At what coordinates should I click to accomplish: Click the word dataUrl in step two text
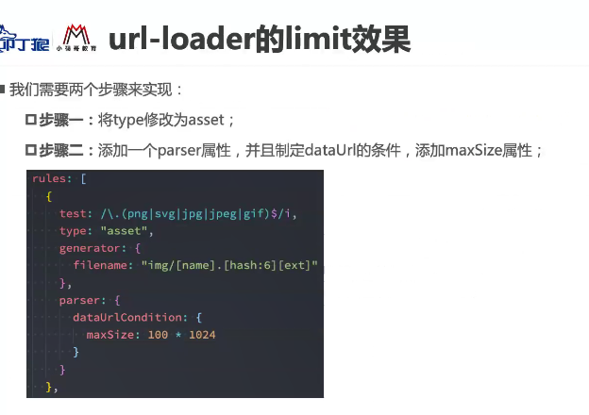coord(335,151)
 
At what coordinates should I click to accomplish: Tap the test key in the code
coord(75,213)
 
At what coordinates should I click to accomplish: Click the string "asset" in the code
coord(125,230)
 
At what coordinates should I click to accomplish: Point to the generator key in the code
coord(88,248)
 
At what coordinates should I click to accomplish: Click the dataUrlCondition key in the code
coord(127,317)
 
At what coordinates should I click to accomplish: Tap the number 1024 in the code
coord(203,335)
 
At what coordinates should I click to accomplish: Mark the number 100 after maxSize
coord(159,335)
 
